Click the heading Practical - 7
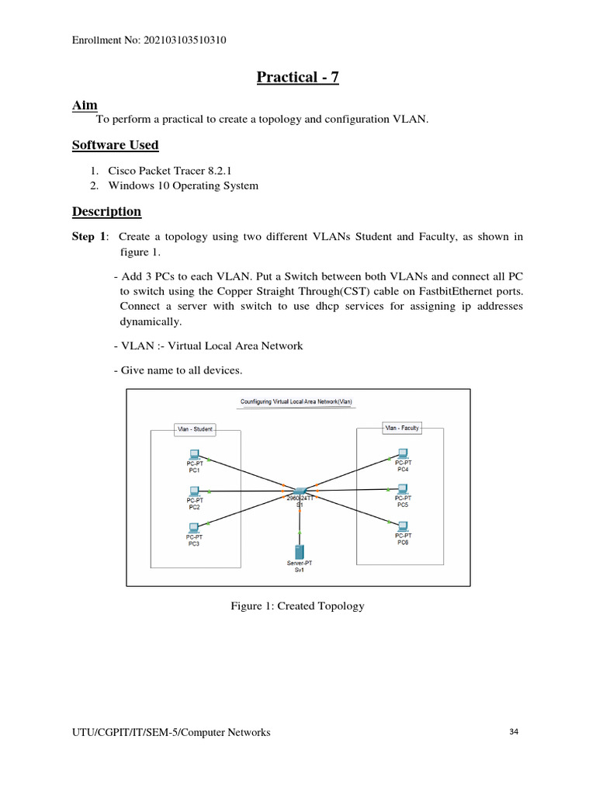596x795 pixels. (x=298, y=77)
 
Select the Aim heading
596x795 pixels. (x=85, y=105)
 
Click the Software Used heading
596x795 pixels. (x=115, y=144)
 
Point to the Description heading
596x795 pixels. (x=106, y=211)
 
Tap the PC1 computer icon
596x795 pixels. (x=194, y=454)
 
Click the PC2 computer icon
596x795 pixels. (x=194, y=491)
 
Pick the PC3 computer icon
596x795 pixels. (x=194, y=527)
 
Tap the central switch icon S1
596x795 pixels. (x=299, y=491)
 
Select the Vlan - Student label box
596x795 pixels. (x=193, y=429)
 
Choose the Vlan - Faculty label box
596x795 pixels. (x=402, y=427)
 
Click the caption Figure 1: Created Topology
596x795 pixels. (x=297, y=606)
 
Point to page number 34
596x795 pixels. (x=514, y=731)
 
